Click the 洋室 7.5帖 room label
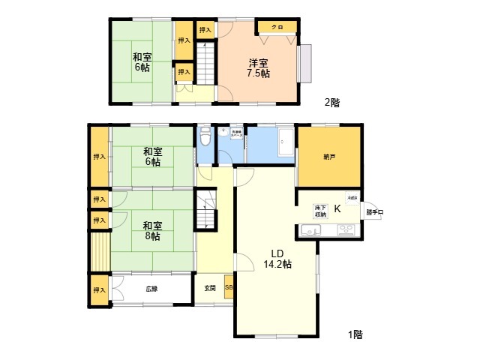pyautogui.click(x=259, y=68)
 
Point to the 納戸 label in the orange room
pyautogui.click(x=329, y=157)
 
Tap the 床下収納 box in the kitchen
pyautogui.click(x=319, y=211)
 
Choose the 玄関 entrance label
pyautogui.click(x=209, y=288)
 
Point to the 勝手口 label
pyautogui.click(x=374, y=212)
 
